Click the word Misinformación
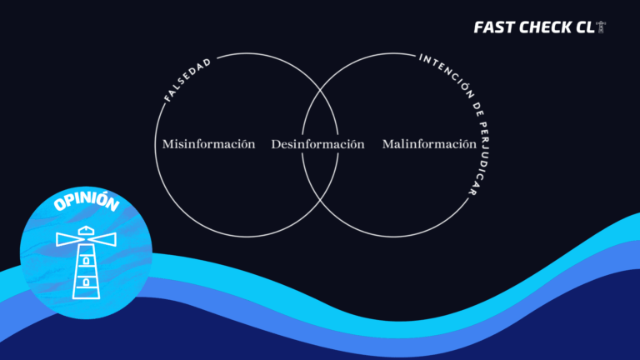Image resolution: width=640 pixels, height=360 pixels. coord(208,144)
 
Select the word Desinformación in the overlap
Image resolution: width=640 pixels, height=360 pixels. coord(318,144)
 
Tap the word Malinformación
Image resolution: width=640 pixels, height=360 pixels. coord(429,144)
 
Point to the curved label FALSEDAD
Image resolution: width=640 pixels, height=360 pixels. coord(187,79)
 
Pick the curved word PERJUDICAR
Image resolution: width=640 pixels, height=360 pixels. coord(480,158)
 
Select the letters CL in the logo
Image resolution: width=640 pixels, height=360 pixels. coord(585,27)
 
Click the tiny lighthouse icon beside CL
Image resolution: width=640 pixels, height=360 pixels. coord(601,27)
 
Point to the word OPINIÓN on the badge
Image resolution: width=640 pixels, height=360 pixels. coord(87,201)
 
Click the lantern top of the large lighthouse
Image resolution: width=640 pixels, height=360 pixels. coord(86,231)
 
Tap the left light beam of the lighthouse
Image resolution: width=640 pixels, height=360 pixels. coord(68,239)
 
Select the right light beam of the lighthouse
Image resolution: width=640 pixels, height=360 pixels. coord(103,240)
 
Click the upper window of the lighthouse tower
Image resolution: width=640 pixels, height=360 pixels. coord(86,260)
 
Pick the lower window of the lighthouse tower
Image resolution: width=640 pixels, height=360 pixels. coord(86,282)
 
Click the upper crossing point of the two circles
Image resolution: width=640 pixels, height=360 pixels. coord(320,91)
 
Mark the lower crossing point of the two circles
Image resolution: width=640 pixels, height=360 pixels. coord(320,199)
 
